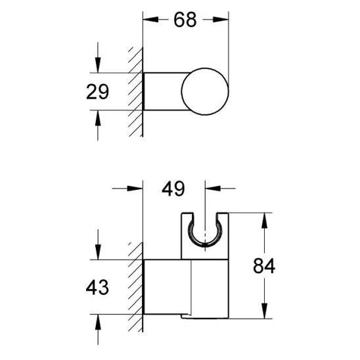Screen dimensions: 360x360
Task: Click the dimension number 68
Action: coord(186,20)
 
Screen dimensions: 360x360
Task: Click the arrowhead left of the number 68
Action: coord(149,20)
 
